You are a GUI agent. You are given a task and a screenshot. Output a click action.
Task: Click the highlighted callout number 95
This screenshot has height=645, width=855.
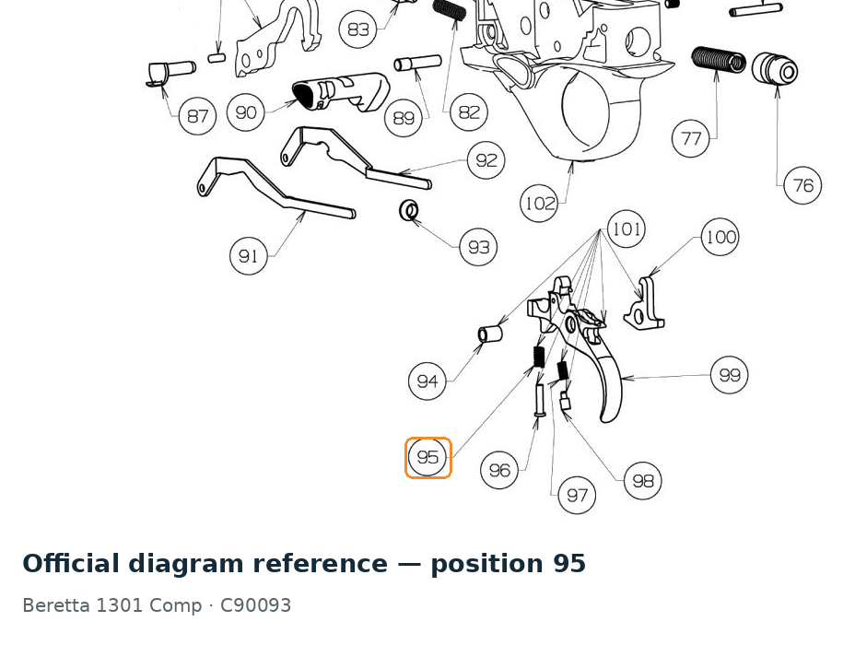pyautogui.click(x=427, y=457)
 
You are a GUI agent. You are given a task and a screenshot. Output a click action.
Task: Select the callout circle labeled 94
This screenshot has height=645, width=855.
pyautogui.click(x=427, y=381)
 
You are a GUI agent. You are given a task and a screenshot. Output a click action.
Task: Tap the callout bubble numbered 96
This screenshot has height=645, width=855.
pyautogui.click(x=499, y=470)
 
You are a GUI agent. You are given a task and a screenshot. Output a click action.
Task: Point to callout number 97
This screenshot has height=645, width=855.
pyautogui.click(x=577, y=495)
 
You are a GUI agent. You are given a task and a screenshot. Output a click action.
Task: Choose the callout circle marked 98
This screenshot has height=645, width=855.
pyautogui.click(x=642, y=481)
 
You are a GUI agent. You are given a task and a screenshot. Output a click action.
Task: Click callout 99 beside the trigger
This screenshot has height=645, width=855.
pyautogui.click(x=730, y=375)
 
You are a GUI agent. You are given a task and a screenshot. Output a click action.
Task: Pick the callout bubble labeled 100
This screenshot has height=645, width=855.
pyautogui.click(x=720, y=237)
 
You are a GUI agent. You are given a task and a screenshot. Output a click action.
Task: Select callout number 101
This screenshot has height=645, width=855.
pyautogui.click(x=626, y=229)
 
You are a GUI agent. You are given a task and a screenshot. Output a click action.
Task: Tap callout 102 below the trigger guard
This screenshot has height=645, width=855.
pyautogui.click(x=539, y=204)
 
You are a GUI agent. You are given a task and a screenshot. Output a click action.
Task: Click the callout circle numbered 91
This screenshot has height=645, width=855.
pyautogui.click(x=249, y=256)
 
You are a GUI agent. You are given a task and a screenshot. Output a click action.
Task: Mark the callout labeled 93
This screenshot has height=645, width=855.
pyautogui.click(x=478, y=248)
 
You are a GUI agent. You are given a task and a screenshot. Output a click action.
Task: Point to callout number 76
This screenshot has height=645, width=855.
pyautogui.click(x=802, y=185)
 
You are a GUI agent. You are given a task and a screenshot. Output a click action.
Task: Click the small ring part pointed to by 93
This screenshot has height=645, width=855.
pyautogui.click(x=409, y=210)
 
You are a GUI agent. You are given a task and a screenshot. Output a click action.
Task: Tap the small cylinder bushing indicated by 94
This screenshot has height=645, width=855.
pyautogui.click(x=489, y=334)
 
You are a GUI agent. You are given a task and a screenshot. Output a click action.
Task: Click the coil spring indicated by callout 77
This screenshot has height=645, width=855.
pyautogui.click(x=718, y=59)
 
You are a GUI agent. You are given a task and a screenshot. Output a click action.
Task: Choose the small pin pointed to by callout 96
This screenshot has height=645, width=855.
pyautogui.click(x=540, y=401)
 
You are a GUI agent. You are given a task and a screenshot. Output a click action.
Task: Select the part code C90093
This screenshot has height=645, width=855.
pyautogui.click(x=255, y=605)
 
